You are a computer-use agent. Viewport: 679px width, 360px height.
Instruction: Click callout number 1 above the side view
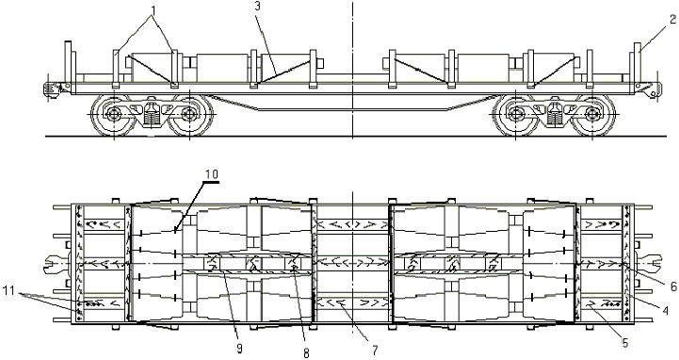click(x=152, y=8)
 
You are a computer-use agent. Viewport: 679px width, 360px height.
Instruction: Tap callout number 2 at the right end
click(x=672, y=20)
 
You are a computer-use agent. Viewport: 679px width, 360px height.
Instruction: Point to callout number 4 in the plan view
click(x=666, y=311)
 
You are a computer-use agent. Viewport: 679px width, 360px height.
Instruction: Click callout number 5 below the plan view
click(x=625, y=343)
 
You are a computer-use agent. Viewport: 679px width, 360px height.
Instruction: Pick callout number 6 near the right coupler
click(x=673, y=286)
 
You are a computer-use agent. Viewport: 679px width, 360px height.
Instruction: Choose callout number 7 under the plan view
click(x=375, y=350)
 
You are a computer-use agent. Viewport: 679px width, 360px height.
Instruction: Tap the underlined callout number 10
click(x=212, y=174)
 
